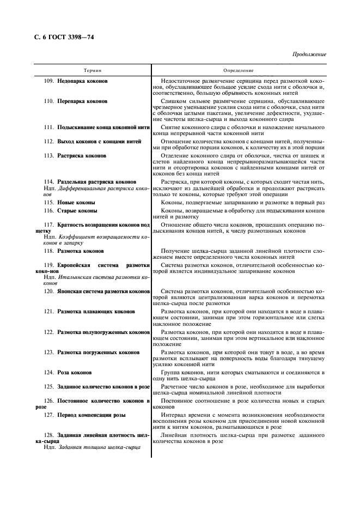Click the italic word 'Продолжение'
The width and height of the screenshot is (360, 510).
pyautogui.click(x=309, y=55)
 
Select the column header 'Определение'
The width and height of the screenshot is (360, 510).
pyautogui.click(x=238, y=71)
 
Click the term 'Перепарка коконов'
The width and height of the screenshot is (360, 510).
pyautogui.click(x=82, y=101)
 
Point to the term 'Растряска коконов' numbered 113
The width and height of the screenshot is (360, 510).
pyautogui.click(x=82, y=155)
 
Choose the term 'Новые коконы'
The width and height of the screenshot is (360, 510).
pyautogui.click(x=76, y=202)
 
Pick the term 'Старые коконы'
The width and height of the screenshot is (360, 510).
pyautogui.click(x=77, y=210)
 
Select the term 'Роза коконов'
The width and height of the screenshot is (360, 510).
pyautogui.click(x=74, y=373)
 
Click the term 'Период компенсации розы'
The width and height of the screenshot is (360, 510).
pyautogui.click(x=91, y=415)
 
